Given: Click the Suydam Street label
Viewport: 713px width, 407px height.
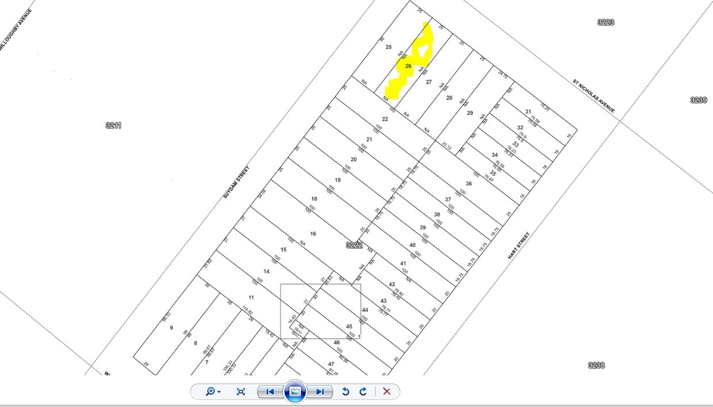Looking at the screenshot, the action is click(236, 183).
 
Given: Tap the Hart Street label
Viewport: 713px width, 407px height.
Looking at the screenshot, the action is click(519, 245).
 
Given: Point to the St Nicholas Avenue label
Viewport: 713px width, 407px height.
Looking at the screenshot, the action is click(593, 96).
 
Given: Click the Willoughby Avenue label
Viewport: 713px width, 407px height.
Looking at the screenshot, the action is click(16, 29).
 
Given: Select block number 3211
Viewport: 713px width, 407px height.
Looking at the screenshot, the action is click(114, 125).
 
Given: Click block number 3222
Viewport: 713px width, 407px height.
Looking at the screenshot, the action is click(354, 245).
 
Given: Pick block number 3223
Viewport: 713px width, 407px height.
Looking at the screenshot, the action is click(605, 22).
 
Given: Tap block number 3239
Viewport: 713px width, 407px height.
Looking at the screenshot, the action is click(699, 100).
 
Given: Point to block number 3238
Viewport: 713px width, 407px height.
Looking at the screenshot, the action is click(596, 365).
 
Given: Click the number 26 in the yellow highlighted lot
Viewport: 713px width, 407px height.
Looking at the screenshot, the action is click(408, 66).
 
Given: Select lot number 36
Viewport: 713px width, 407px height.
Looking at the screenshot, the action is click(469, 184).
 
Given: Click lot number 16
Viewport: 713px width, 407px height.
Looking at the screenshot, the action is click(313, 234).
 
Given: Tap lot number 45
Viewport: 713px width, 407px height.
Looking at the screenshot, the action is click(349, 327).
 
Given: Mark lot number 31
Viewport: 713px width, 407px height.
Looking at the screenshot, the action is click(528, 112).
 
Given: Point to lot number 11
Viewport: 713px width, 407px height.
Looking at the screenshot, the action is click(251, 297).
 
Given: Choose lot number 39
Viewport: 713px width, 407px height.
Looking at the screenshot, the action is click(423, 228).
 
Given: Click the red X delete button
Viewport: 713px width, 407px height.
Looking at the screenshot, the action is click(387, 391).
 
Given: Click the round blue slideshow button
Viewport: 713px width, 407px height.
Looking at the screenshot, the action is click(295, 391).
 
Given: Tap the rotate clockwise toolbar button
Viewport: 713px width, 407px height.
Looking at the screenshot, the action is click(363, 391).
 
